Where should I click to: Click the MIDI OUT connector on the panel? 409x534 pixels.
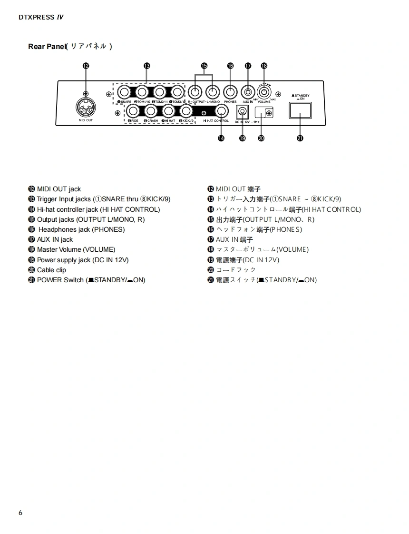pos(86,108)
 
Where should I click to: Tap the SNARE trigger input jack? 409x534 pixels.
pos(124,91)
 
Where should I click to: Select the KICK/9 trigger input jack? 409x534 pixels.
pos(186,111)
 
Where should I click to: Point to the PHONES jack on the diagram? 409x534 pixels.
pos(230,91)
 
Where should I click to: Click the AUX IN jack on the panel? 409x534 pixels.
pos(248,91)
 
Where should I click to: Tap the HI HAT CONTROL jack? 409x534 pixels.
pos(221,111)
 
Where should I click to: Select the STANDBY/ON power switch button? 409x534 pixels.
pos(300,110)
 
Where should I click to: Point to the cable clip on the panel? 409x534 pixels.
pos(263,113)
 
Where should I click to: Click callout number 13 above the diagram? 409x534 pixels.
pos(147,66)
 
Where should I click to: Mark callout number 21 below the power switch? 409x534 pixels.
pos(300,138)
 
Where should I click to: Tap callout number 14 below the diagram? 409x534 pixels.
pos(221,138)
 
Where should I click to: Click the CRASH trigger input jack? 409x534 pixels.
pos(151,111)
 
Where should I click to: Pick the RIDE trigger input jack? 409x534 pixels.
pos(133,111)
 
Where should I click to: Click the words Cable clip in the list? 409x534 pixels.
pos(51,270)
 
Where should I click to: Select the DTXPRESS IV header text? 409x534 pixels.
pos(41,17)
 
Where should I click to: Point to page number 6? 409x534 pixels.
pos(20,513)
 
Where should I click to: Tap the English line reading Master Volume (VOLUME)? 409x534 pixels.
pos(76,249)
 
